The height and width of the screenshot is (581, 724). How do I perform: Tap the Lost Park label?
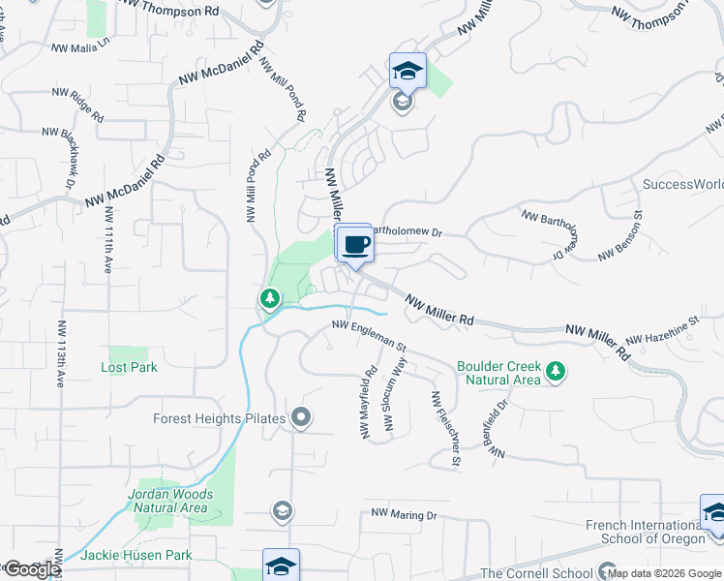129,368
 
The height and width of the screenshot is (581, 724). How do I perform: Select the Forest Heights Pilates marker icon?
302,418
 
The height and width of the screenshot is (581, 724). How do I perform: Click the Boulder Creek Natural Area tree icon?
556,371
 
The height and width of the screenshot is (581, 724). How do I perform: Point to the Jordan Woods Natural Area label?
168,501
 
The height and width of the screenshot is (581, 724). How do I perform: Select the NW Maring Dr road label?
404,514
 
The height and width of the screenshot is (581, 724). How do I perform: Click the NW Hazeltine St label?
662,331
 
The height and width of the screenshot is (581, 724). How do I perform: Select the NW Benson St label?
620,240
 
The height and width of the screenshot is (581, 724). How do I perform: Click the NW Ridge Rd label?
78,105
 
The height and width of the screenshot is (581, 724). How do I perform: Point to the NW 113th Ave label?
60,353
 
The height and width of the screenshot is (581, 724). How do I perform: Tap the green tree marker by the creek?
270,298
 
